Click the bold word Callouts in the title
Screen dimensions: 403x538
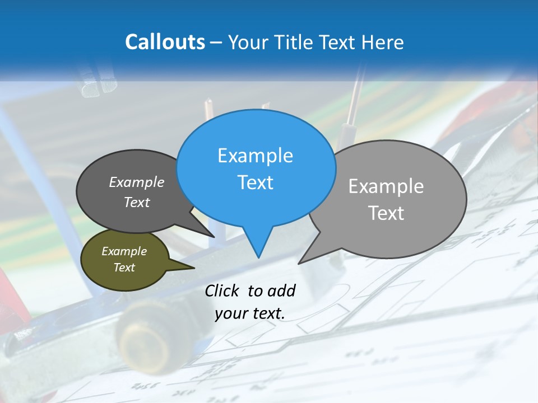165,42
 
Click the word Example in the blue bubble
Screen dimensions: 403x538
255,156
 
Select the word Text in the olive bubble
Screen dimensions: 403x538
124,268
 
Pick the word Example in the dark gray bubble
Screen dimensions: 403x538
137,182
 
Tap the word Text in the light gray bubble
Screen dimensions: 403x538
387,213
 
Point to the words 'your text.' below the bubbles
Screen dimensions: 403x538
250,313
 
